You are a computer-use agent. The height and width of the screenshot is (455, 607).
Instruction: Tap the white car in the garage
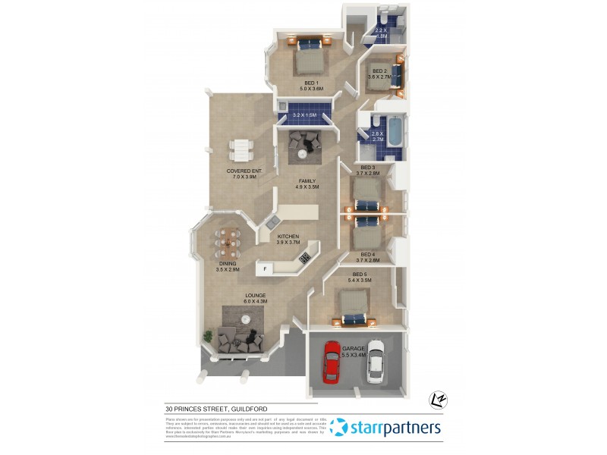point(376,362)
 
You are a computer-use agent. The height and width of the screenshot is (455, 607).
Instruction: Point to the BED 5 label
point(361,275)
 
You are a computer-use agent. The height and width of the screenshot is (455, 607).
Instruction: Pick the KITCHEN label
point(288,237)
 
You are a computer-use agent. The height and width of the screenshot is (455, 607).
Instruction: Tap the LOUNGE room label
point(256,297)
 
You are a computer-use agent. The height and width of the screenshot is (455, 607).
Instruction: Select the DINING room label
point(228,265)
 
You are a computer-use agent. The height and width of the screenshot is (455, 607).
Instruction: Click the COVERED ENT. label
point(244,172)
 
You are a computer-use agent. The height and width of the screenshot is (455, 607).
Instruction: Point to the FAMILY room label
point(307,181)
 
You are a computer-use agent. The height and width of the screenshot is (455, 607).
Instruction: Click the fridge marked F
point(265,269)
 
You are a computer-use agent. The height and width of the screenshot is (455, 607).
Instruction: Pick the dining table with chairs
point(228,243)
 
